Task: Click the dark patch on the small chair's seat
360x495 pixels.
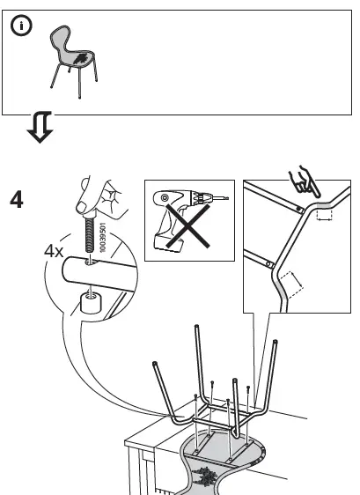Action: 80,59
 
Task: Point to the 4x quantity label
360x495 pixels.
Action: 55,250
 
